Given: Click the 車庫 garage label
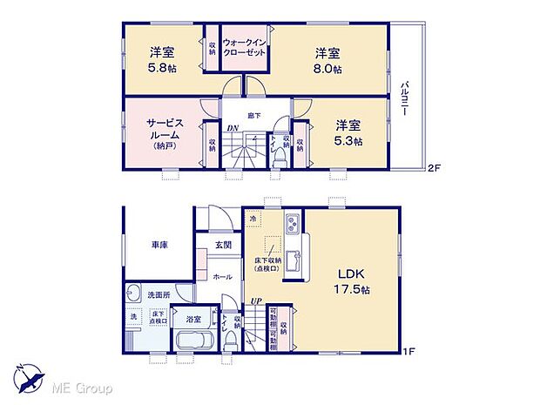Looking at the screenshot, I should pos(157,246).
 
